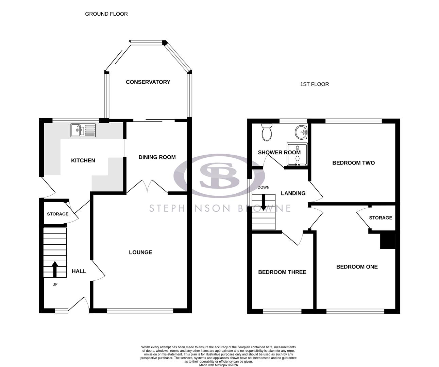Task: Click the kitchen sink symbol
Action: [x=83, y=130]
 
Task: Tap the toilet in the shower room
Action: [x=267, y=132]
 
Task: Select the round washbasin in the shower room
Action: [x=301, y=132]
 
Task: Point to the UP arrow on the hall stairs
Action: [x=55, y=269]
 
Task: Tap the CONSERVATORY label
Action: [x=148, y=82]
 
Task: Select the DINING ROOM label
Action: [x=157, y=157]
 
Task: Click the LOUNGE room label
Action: [x=140, y=252]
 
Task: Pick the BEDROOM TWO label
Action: [x=353, y=163]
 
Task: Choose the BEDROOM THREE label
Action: [x=282, y=272]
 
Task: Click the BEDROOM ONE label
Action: [x=357, y=267]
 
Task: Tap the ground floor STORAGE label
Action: [x=57, y=214]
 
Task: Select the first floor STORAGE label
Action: [x=381, y=217]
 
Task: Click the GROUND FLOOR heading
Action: [x=106, y=14]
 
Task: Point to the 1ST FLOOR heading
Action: [x=314, y=84]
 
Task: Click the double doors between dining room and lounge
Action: [x=148, y=187]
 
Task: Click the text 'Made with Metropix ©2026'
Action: [x=218, y=365]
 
